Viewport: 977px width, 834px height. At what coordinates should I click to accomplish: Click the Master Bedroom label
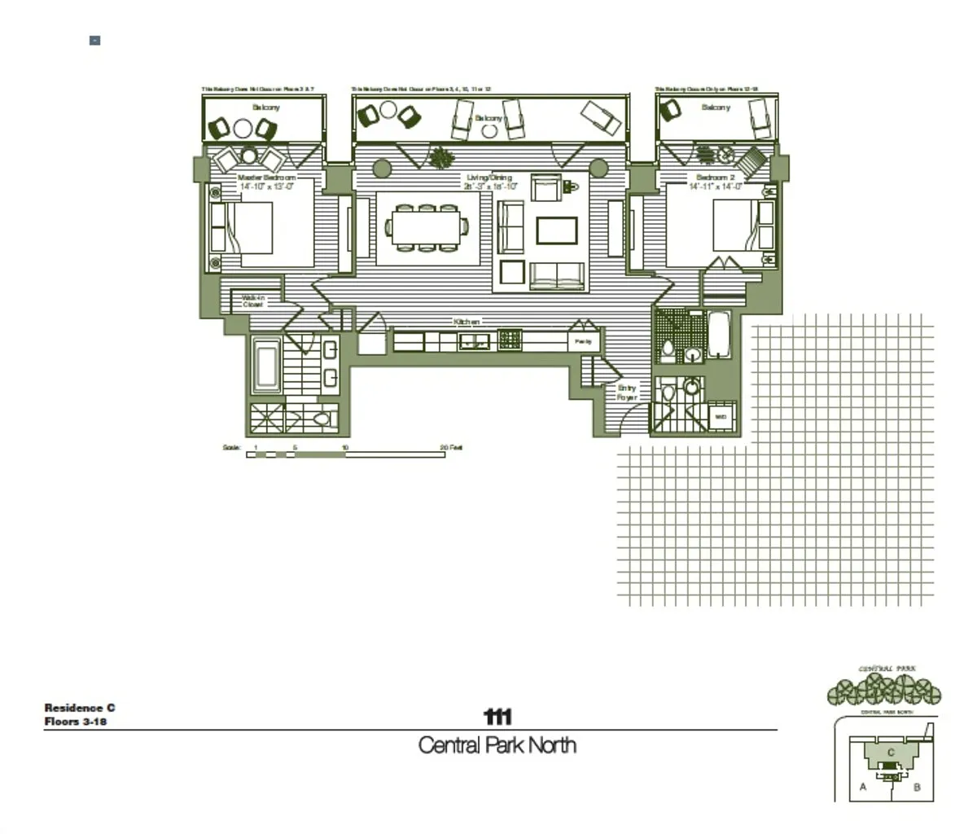pos(266,177)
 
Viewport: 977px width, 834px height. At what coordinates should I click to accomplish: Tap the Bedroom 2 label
pos(715,177)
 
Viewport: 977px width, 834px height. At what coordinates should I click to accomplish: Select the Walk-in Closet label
pos(252,301)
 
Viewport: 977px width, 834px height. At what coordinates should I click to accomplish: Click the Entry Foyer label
pos(626,393)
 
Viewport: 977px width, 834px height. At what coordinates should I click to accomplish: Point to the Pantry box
pos(583,342)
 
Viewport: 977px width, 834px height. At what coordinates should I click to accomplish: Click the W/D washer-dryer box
pos(721,417)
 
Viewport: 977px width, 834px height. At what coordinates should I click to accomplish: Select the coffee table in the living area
pos(557,230)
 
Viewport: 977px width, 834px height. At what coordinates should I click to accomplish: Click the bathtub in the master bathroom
pos(266,367)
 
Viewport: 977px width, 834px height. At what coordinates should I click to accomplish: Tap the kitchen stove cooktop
pos(510,340)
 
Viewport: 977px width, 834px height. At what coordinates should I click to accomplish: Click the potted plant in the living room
pos(442,156)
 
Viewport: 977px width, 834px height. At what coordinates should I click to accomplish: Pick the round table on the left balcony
pos(243,128)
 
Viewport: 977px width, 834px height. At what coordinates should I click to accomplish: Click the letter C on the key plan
pos(891,753)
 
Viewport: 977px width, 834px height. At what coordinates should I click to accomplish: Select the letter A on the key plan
pos(863,787)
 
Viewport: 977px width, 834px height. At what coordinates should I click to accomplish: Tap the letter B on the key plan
pos(917,787)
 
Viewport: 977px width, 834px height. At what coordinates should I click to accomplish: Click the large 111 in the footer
pos(497,717)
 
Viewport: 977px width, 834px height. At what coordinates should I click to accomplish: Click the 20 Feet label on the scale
pos(451,447)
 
